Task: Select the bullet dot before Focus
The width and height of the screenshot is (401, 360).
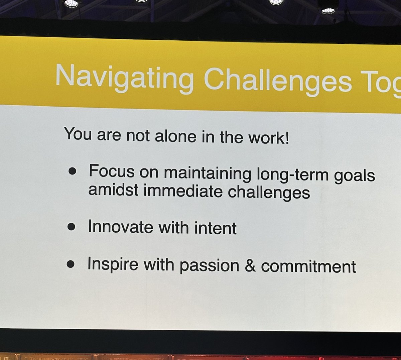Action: tap(72, 171)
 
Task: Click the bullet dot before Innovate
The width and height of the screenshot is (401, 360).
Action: tap(71, 227)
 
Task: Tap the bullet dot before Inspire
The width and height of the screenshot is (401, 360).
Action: tap(71, 264)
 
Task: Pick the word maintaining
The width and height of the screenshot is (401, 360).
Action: tap(207, 173)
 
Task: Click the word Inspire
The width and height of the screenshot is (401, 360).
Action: tap(113, 264)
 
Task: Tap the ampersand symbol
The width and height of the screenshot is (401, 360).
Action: tap(250, 266)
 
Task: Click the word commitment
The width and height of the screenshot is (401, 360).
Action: tap(308, 267)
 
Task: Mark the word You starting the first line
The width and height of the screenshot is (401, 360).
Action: tap(78, 134)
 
